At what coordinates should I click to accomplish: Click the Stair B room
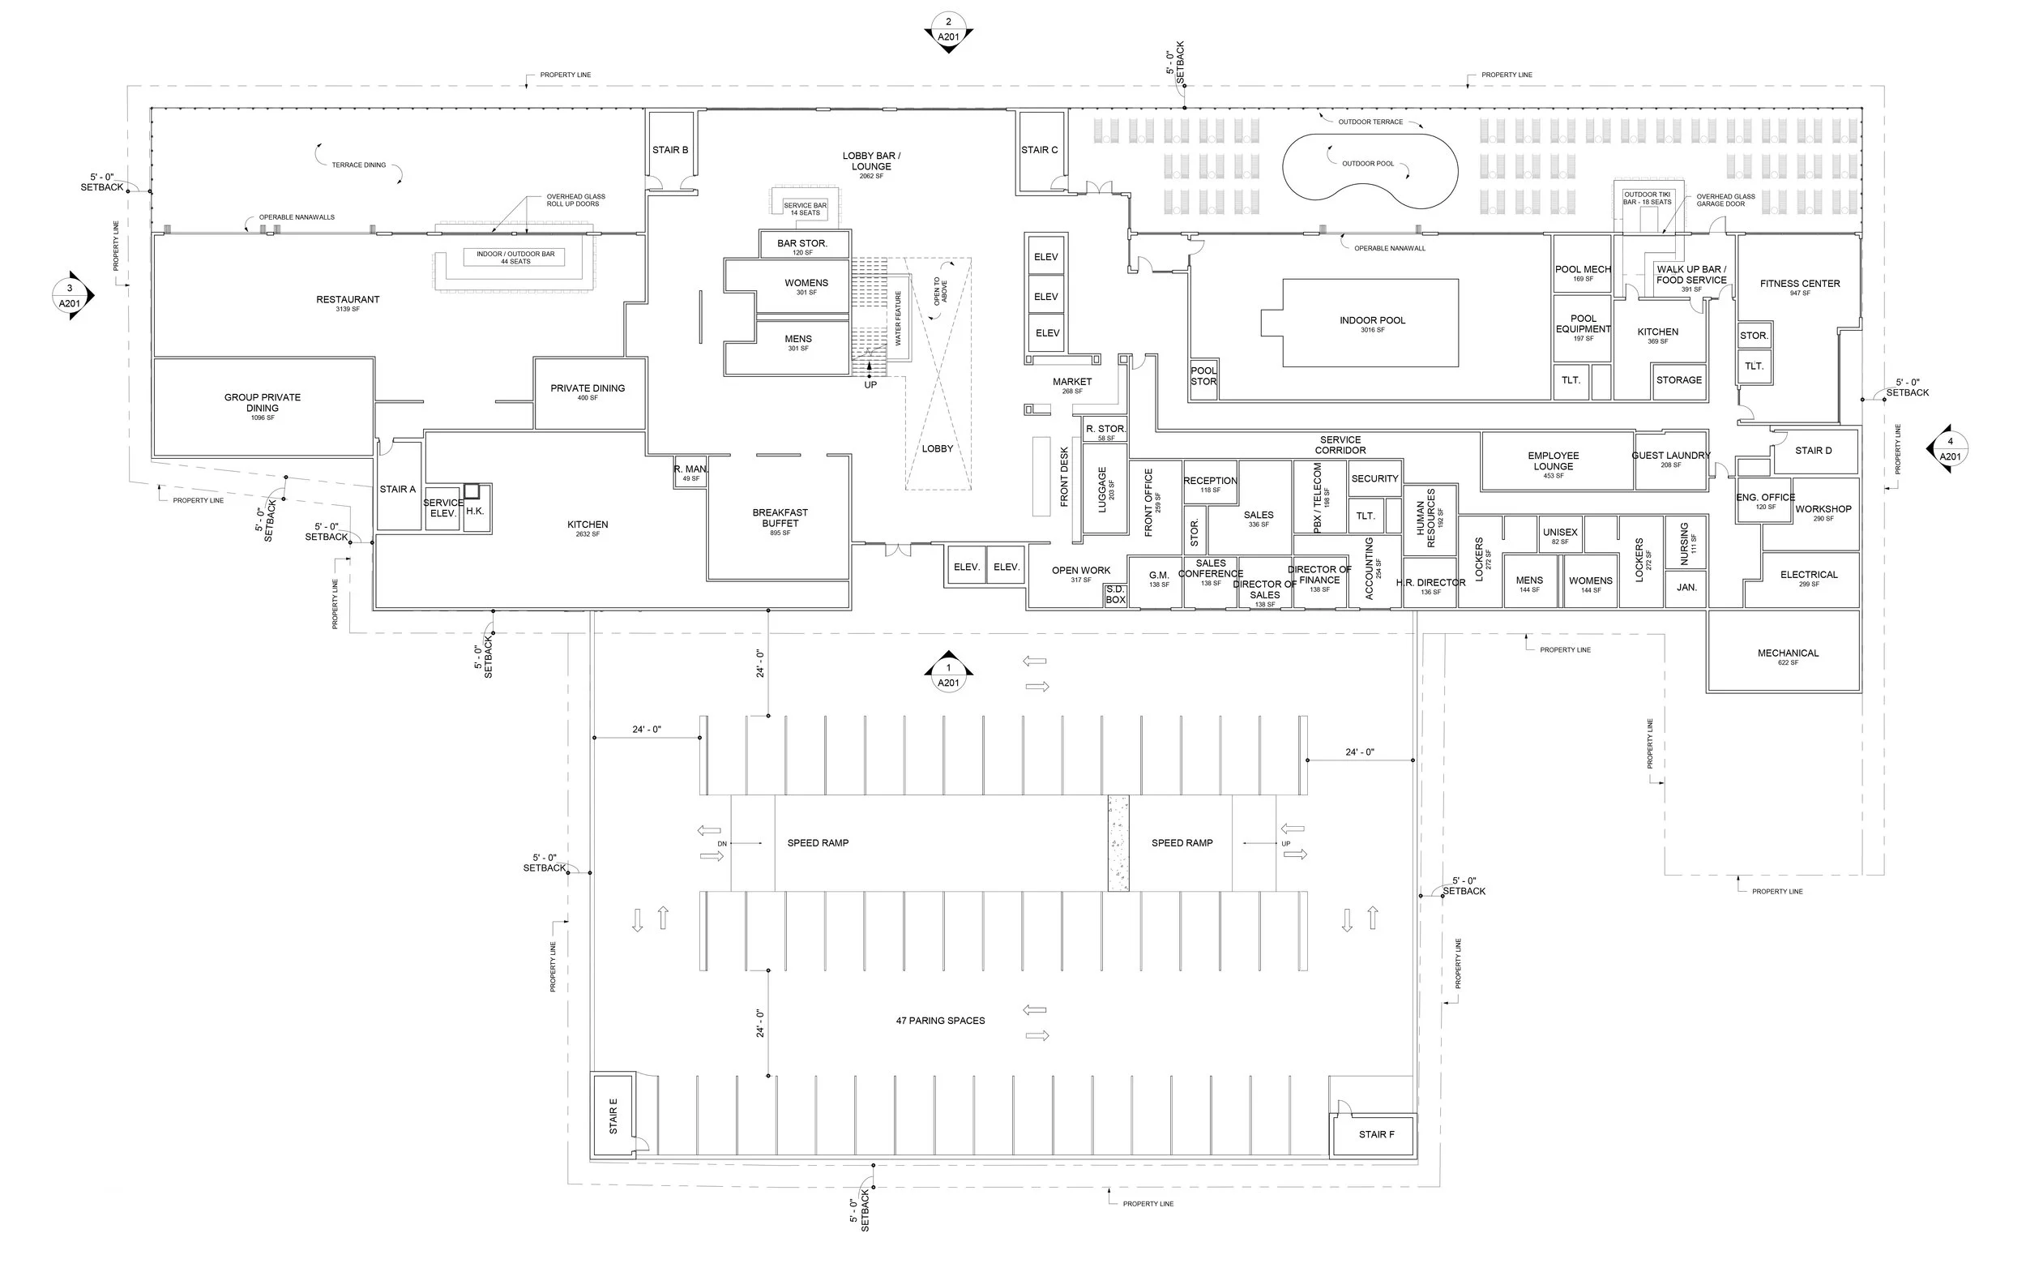670,150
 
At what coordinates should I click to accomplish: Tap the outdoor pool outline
1368,171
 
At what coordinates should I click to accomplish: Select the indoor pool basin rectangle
1371,323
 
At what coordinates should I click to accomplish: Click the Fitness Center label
1799,285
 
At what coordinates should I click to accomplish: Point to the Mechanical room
1787,653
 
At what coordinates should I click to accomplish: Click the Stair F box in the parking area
1376,1134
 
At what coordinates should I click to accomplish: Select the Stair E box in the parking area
613,1116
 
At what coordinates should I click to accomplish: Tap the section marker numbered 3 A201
71,295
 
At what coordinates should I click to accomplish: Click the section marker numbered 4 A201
1950,448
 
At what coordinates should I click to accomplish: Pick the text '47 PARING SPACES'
940,1021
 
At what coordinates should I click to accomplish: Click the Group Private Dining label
263,403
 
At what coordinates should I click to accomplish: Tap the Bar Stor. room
802,244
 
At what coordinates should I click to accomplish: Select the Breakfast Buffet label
780,518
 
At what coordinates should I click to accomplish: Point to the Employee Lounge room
1553,461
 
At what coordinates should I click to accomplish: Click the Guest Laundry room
1670,460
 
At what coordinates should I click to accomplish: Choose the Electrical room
1808,578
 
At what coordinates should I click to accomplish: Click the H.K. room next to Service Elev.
475,510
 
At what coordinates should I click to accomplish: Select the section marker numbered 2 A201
948,30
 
